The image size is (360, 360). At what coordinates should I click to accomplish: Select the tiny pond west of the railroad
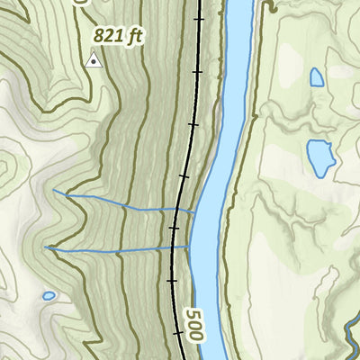click(x=49, y=295)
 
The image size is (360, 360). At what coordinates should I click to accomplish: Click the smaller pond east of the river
click(x=317, y=77)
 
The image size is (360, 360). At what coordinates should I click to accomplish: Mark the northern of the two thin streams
click(x=126, y=202)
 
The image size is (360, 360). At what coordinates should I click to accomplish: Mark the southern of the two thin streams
click(x=117, y=248)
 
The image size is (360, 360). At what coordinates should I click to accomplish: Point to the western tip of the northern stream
click(x=54, y=191)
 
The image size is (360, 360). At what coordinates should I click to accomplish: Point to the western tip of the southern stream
click(x=45, y=247)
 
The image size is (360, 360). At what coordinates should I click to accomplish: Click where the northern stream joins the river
click(x=194, y=211)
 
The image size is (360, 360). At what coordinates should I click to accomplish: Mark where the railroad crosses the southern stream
click(x=173, y=247)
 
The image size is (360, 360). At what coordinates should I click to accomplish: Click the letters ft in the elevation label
click(x=136, y=37)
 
